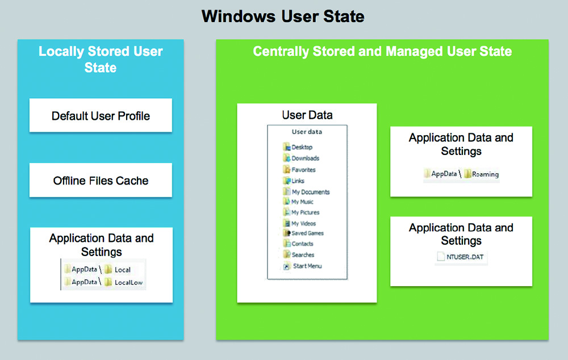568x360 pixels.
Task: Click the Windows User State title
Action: pyautogui.click(x=283, y=16)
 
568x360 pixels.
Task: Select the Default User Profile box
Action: pyautogui.click(x=101, y=115)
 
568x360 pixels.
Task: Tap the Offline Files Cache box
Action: pyautogui.click(x=101, y=180)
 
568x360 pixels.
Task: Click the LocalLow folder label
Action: pyautogui.click(x=128, y=283)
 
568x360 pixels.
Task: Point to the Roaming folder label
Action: pyautogui.click(x=485, y=174)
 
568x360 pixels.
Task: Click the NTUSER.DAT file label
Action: pyautogui.click(x=465, y=257)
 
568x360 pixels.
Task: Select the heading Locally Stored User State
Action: pyautogui.click(x=101, y=60)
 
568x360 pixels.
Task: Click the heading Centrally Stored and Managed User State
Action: pyautogui.click(x=382, y=52)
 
